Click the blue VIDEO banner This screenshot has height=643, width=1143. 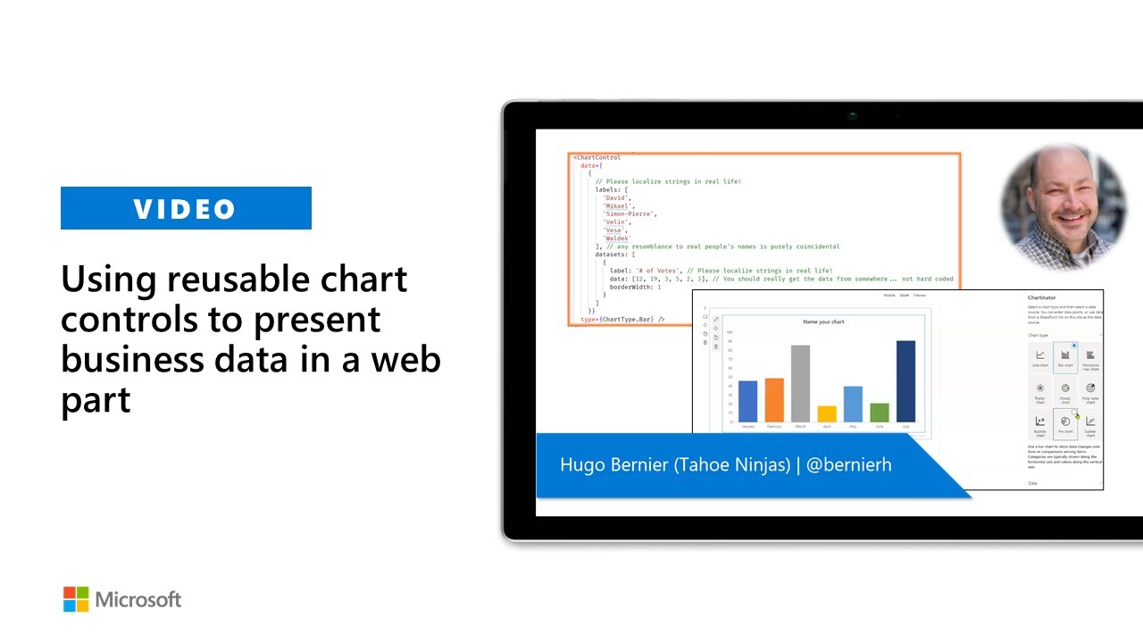(186, 208)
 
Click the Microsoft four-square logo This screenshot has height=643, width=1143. (76, 599)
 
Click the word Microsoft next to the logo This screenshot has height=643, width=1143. (138, 599)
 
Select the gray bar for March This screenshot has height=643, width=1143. (800, 383)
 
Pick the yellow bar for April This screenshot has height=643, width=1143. (827, 413)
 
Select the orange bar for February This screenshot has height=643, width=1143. (774, 399)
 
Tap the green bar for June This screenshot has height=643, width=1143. (879, 412)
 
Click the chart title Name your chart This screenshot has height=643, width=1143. (823, 321)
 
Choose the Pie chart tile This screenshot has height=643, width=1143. (1065, 423)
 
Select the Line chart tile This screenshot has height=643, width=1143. (1040, 357)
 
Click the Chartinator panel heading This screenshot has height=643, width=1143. (1042, 297)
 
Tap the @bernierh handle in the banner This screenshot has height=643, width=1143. (848, 464)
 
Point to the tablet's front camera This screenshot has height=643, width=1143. (853, 115)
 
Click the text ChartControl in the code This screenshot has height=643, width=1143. (598, 157)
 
